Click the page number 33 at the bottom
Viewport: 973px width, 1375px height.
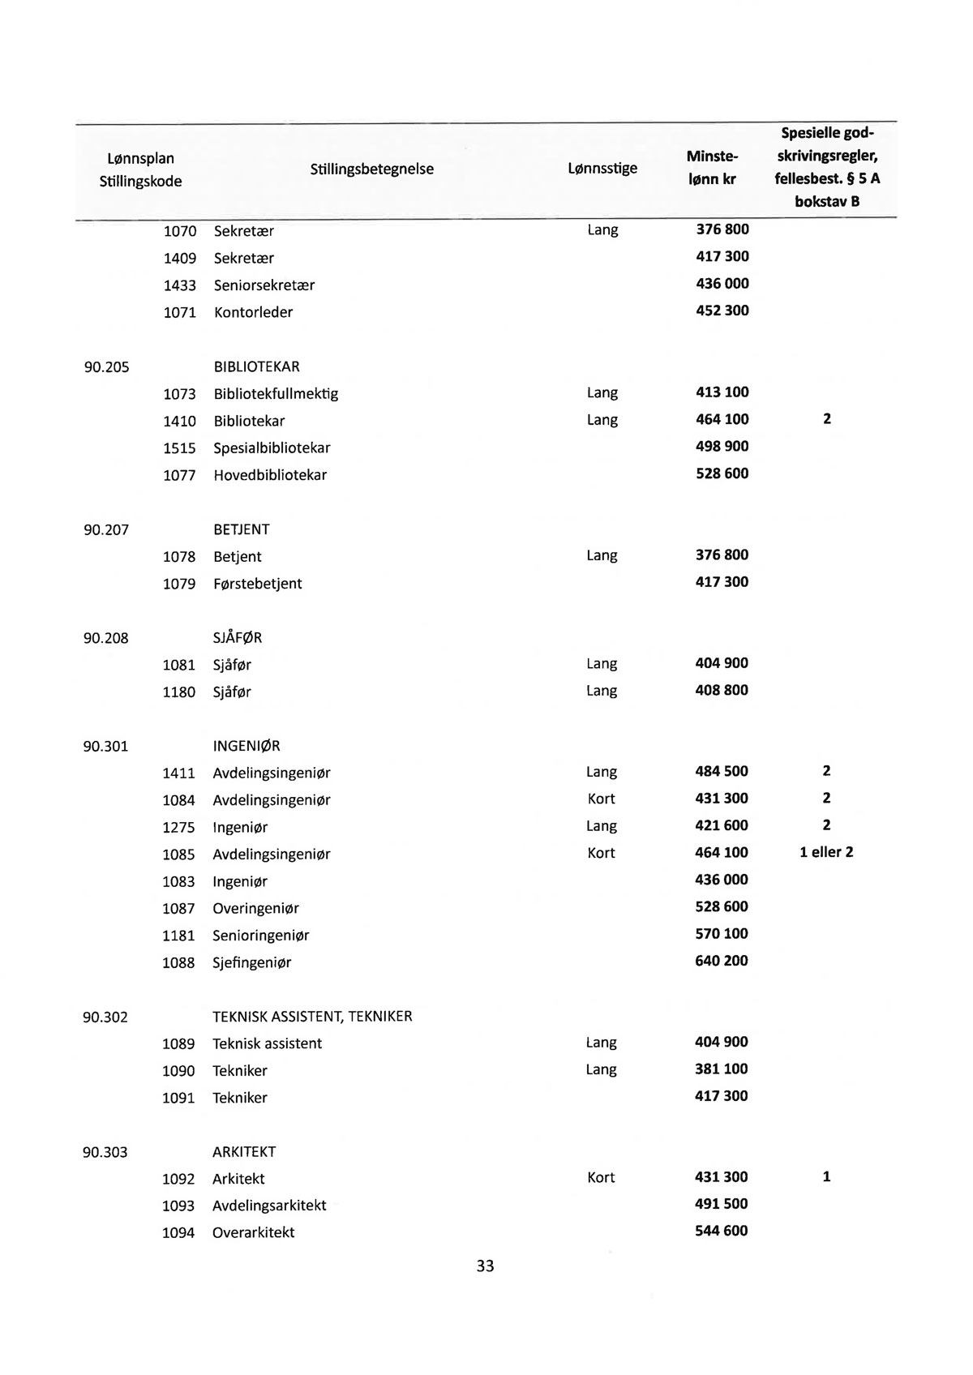(x=485, y=1266)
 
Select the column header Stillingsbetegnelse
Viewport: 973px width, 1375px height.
(x=371, y=169)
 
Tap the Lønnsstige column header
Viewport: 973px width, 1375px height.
(x=602, y=169)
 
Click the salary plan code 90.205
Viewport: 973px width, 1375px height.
(x=107, y=367)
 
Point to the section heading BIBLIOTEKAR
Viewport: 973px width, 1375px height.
(x=256, y=367)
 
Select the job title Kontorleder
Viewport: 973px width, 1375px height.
(x=253, y=313)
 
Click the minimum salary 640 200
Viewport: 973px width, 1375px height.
(x=722, y=962)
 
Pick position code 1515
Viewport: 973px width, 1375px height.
(x=179, y=448)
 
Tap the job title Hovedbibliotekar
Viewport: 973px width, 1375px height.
(x=270, y=475)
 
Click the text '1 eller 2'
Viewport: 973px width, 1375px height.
(x=826, y=853)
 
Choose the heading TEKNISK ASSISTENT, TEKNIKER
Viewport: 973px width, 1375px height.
(x=312, y=1017)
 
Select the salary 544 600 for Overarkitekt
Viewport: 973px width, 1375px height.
(x=722, y=1232)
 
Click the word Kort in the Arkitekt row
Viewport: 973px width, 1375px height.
(x=601, y=1178)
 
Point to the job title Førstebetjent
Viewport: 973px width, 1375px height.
(x=257, y=584)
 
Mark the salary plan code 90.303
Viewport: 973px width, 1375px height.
(x=105, y=1152)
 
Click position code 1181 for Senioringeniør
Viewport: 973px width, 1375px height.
(x=178, y=936)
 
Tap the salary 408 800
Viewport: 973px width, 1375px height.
(x=722, y=691)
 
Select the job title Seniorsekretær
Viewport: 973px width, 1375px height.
(x=264, y=285)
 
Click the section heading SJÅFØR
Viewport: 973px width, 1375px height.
(x=238, y=638)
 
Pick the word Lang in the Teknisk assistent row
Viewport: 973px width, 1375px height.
(x=601, y=1043)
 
